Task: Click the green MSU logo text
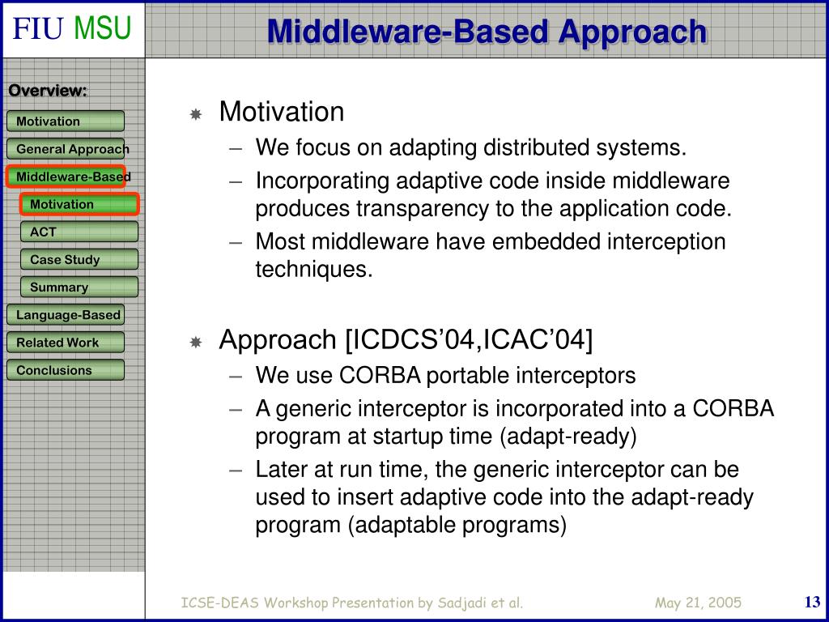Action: point(102,28)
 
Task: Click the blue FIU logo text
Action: point(38,28)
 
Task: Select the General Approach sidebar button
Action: point(66,149)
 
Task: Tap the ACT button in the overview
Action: point(79,232)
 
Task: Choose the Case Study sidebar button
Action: point(79,259)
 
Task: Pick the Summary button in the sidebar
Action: point(79,287)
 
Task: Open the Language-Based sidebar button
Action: point(66,315)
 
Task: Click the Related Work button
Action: point(66,343)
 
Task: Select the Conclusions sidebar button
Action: point(66,369)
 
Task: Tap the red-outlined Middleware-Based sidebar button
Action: point(66,176)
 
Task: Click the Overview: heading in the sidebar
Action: point(48,91)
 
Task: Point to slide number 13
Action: point(812,602)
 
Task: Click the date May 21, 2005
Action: point(698,603)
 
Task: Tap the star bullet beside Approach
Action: point(196,343)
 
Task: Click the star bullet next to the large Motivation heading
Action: point(196,114)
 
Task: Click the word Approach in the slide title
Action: point(633,32)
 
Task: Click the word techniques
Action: point(314,269)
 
